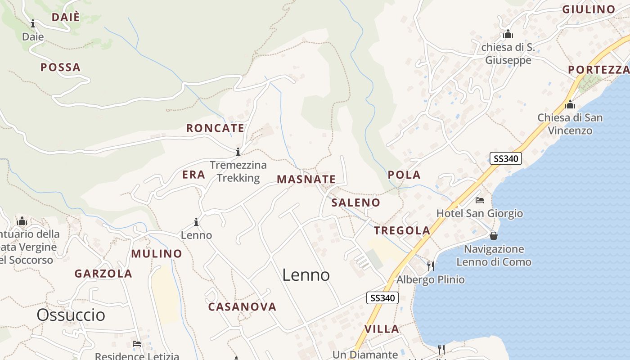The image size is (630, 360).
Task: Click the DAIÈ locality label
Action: click(65, 18)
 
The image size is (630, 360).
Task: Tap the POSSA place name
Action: click(60, 67)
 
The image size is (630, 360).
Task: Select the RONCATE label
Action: click(215, 128)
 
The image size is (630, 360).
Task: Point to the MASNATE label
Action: click(306, 180)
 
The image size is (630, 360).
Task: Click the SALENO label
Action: click(355, 202)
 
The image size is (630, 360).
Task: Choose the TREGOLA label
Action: click(402, 231)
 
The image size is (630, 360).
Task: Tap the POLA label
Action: click(404, 175)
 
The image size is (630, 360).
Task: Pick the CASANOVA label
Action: click(242, 307)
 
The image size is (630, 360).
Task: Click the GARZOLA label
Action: click(103, 274)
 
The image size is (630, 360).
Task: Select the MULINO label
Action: click(157, 254)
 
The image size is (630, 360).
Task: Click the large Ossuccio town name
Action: click(71, 315)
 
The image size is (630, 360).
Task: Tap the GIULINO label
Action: click(589, 9)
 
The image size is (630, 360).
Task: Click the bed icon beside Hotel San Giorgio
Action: click(480, 200)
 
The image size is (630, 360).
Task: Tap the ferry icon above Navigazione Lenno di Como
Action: click(494, 236)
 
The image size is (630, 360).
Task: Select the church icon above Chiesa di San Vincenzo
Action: click(570, 104)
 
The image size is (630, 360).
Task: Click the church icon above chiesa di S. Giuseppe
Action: click(508, 34)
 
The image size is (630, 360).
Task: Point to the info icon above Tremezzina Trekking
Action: click(238, 152)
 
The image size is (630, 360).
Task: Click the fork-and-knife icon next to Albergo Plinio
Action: click(431, 266)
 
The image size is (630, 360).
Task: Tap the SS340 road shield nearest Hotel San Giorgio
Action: click(505, 158)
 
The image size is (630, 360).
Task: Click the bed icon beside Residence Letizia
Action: click(137, 344)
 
